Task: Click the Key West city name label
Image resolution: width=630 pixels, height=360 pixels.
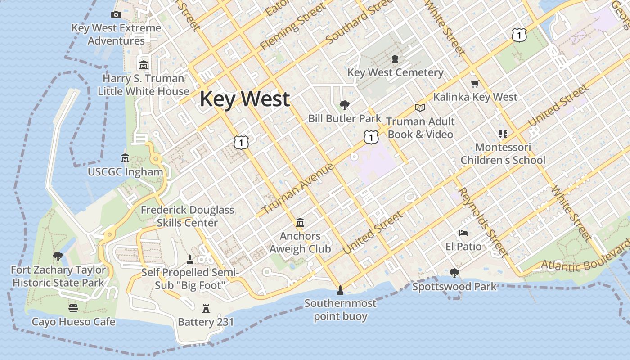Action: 244,99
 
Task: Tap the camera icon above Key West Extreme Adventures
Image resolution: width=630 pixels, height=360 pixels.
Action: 116,14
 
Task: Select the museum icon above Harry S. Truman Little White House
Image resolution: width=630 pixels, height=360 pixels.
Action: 144,65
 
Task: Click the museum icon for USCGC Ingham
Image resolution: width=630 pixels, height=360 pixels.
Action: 125,158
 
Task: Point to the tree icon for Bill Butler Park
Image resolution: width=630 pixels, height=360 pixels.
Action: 345,105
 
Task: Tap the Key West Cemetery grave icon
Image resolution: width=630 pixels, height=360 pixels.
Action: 395,59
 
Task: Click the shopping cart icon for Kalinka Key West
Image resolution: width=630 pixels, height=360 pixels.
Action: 475,84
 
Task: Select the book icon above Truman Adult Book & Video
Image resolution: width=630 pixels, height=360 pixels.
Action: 420,108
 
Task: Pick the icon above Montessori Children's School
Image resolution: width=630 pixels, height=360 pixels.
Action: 503,134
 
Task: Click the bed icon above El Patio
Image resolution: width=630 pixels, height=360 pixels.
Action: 463,233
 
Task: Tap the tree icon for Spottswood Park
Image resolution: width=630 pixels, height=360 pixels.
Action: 454,273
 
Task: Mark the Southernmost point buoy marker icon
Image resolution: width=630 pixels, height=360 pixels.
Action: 340,289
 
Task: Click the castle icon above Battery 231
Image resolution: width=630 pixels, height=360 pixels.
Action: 206,308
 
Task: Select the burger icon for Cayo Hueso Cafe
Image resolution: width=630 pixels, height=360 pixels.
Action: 73,308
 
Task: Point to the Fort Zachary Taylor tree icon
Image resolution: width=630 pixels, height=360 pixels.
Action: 58,256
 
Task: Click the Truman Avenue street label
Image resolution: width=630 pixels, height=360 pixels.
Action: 298,189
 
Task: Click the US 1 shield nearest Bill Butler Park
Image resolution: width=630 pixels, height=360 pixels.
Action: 371,137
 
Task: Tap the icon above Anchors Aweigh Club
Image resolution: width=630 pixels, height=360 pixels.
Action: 300,222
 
